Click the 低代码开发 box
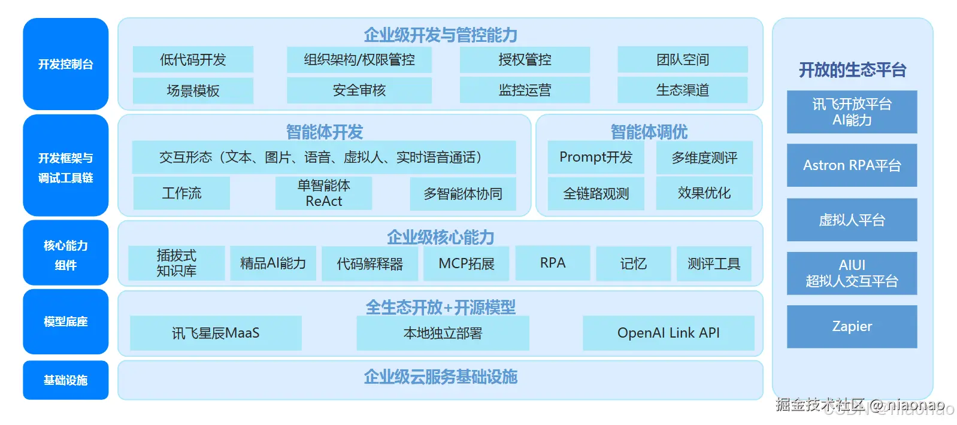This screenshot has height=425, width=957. pos(193,59)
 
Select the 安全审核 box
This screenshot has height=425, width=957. pos(359,90)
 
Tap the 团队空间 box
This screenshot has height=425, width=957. pos(682,59)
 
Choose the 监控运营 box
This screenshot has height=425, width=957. pos(525,90)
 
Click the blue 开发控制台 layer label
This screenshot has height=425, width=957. pos(65,64)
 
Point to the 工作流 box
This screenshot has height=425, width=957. pos(181,193)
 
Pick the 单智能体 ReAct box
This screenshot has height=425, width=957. pos(323,193)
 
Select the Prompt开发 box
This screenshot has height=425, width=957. pos(596,157)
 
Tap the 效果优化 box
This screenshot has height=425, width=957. pos(704,193)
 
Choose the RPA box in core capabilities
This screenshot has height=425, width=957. pos(552,263)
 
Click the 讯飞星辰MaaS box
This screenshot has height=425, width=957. pos(216,333)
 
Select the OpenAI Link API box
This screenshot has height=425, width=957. pos(668,333)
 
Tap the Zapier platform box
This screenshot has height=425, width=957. pos(852,326)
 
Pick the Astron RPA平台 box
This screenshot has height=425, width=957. pos(852,165)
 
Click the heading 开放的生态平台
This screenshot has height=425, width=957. pos(852,70)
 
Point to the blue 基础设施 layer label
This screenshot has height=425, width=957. pos(65,380)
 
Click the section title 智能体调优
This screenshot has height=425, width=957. pos(649,131)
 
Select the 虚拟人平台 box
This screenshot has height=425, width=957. pos(852,220)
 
